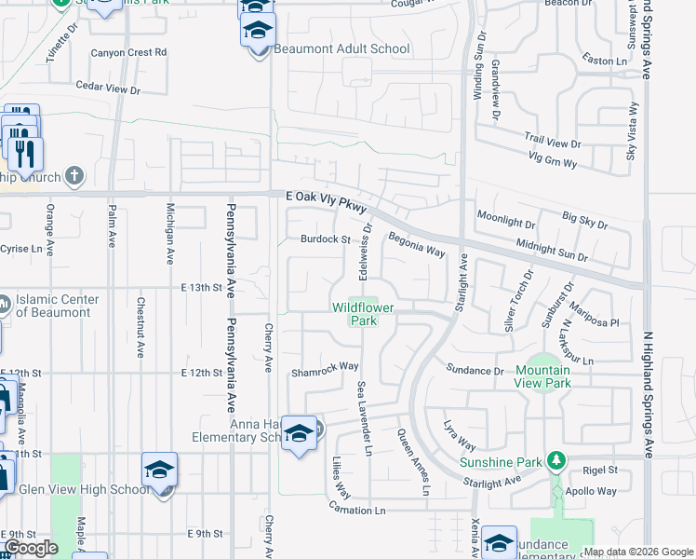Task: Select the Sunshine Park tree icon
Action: click(x=556, y=460)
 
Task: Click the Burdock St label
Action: click(x=324, y=239)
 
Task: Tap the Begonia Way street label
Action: click(x=418, y=245)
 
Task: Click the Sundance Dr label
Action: click(x=475, y=370)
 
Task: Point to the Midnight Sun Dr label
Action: click(x=553, y=250)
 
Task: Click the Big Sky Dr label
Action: click(x=585, y=221)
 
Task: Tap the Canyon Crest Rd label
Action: click(x=128, y=52)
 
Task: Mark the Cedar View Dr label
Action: click(x=108, y=90)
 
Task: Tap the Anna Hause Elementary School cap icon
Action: click(x=300, y=434)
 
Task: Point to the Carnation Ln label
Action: click(x=356, y=510)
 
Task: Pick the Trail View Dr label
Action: click(x=552, y=143)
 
